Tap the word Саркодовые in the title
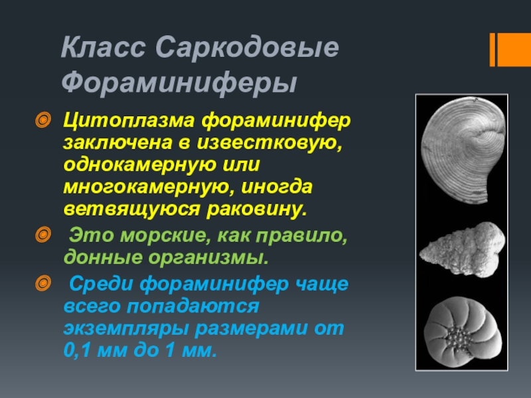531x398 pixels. click(x=248, y=50)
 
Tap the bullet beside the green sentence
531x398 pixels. click(x=42, y=235)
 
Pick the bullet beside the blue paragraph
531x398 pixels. click(x=42, y=286)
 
